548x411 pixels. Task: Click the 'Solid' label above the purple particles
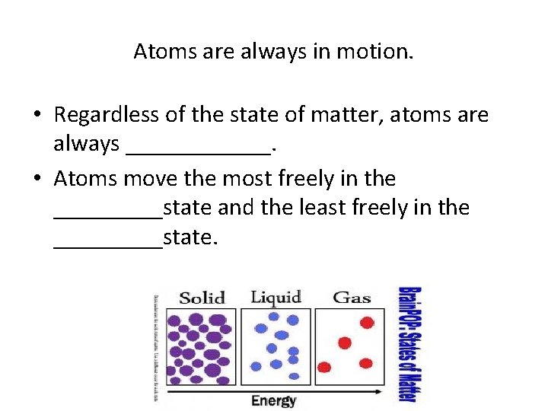(202, 298)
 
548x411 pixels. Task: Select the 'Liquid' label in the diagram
(276, 297)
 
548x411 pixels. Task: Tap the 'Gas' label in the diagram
(351, 297)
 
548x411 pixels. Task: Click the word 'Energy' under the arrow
(273, 400)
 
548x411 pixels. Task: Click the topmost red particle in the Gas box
(367, 323)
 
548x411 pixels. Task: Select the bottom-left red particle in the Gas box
(325, 368)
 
